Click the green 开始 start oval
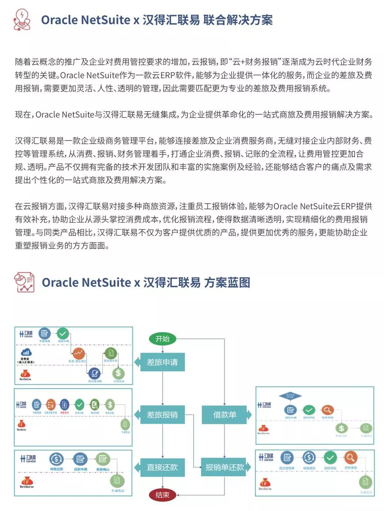(162, 339)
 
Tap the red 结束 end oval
(162, 495)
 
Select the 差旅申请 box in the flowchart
(162, 362)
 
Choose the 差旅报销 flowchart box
(162, 415)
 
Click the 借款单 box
(225, 415)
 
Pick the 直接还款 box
(162, 467)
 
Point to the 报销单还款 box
(225, 467)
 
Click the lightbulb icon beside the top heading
(22, 19)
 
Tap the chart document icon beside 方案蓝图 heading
(24, 282)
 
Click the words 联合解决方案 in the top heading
(238, 20)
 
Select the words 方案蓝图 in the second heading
(227, 282)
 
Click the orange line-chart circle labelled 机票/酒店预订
(78, 353)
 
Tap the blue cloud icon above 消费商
(26, 352)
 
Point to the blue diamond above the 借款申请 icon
(290, 396)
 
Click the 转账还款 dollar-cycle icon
(56, 459)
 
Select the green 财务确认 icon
(102, 459)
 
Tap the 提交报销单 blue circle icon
(287, 458)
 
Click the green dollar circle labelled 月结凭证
(118, 373)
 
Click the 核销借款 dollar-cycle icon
(309, 458)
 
